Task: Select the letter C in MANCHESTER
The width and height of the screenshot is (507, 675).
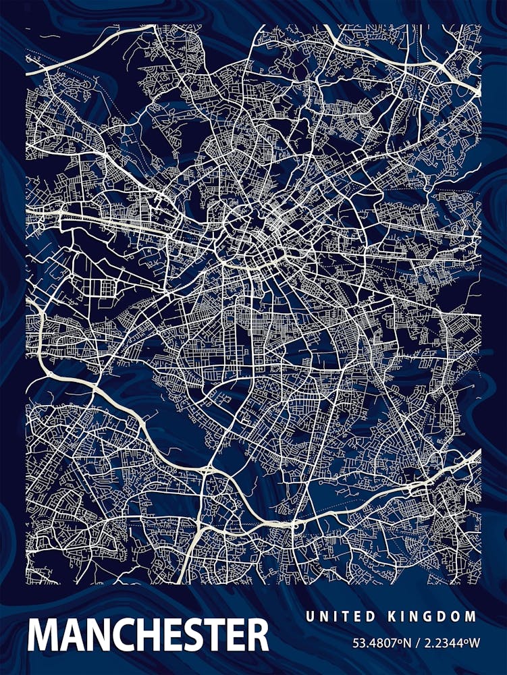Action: click(x=124, y=634)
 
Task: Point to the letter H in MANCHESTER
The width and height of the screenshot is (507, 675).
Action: click(x=150, y=634)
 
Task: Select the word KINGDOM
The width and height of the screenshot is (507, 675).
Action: click(x=432, y=616)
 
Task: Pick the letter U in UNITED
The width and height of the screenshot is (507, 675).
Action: click(x=310, y=616)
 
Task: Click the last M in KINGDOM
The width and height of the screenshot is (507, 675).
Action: click(x=471, y=616)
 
